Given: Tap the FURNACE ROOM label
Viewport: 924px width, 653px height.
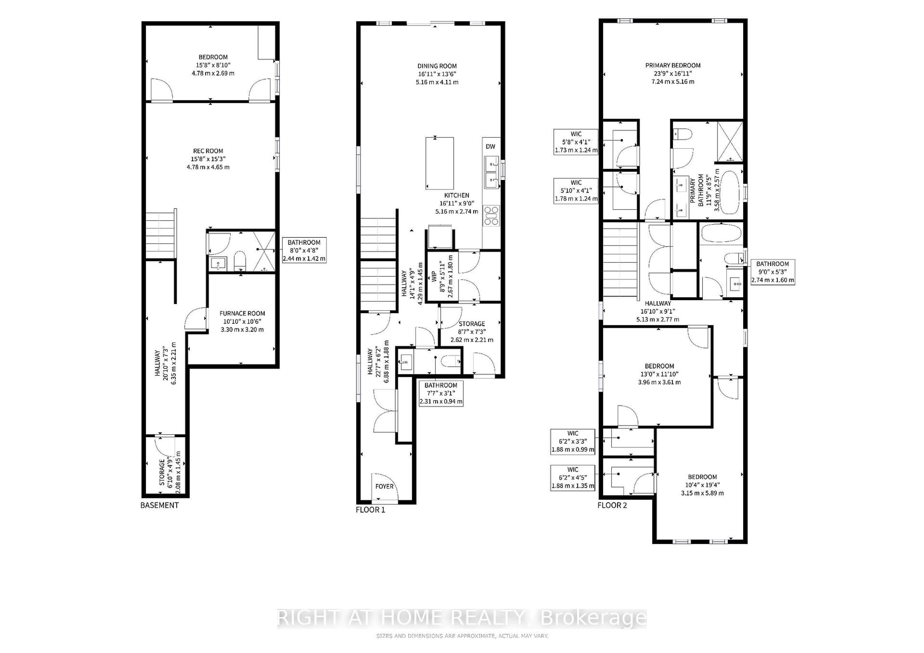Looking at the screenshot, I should coord(242,313).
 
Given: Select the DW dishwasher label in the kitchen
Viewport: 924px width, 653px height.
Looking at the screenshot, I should coord(490,146).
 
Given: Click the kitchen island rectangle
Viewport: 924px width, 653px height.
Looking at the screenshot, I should coord(439,163).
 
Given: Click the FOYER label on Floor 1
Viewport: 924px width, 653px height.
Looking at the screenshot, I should coord(384,486).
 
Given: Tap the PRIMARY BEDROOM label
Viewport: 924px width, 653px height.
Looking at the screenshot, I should coord(673,65).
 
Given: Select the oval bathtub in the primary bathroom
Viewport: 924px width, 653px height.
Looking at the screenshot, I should coord(729,192).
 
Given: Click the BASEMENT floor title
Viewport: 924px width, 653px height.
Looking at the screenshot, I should coord(159,505).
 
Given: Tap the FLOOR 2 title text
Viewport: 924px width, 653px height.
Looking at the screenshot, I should coord(612,505).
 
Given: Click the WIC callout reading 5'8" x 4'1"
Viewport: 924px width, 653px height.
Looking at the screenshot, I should coord(576,142).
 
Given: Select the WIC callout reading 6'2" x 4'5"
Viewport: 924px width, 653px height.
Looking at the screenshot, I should coord(573,478).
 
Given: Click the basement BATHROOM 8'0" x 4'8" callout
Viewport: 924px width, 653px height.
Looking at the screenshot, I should coord(304,250).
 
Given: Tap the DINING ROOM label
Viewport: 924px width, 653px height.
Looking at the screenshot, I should coord(437,66).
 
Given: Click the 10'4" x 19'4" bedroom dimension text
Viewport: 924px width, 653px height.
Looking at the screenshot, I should coord(702,485).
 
